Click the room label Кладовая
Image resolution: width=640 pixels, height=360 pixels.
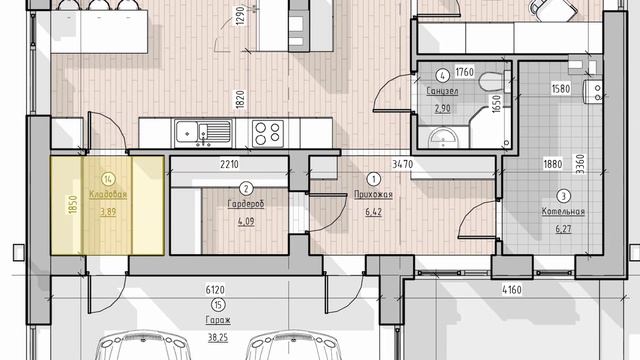(108, 195)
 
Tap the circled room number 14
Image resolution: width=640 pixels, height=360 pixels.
(108, 179)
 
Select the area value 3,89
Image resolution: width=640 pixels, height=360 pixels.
(108, 212)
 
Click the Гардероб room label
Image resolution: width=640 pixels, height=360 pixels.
(246, 204)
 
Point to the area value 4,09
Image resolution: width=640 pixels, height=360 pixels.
(246, 222)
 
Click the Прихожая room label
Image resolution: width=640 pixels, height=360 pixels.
(373, 195)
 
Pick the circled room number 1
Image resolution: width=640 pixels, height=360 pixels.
(373, 179)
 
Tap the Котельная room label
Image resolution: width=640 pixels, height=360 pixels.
(563, 211)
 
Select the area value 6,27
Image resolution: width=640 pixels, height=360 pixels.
(563, 229)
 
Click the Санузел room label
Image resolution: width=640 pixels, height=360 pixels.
(442, 91)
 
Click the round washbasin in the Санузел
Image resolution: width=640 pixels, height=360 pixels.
(443, 138)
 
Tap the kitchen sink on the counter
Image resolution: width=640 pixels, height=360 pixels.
(203, 133)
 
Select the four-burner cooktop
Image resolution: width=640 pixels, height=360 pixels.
(267, 133)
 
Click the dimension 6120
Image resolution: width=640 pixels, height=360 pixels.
(215, 290)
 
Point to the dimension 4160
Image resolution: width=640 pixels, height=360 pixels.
(512, 290)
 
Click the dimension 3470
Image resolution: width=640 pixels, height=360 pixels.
(402, 164)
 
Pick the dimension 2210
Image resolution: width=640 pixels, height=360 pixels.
(229, 164)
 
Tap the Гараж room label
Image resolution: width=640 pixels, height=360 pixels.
(218, 320)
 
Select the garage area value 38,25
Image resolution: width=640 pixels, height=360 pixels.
(218, 338)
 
